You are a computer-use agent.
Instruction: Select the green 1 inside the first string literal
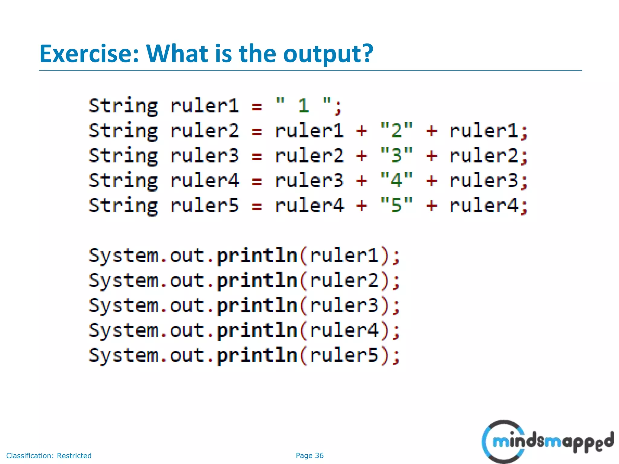click(x=303, y=106)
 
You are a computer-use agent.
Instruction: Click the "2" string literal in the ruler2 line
click(x=396, y=131)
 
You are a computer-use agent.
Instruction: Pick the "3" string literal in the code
click(x=396, y=156)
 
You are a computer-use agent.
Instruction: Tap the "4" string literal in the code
click(x=396, y=180)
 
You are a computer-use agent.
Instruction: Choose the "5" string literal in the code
click(x=396, y=205)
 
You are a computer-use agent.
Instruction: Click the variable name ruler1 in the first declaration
click(x=205, y=106)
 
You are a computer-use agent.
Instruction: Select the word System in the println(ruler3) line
click(x=123, y=306)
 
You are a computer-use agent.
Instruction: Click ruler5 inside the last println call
click(x=344, y=355)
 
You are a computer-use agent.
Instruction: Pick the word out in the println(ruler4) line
click(x=187, y=330)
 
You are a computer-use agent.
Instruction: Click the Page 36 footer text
click(x=309, y=456)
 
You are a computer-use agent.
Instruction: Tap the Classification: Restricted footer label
click(x=49, y=456)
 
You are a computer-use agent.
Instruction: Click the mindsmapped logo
click(x=547, y=442)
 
